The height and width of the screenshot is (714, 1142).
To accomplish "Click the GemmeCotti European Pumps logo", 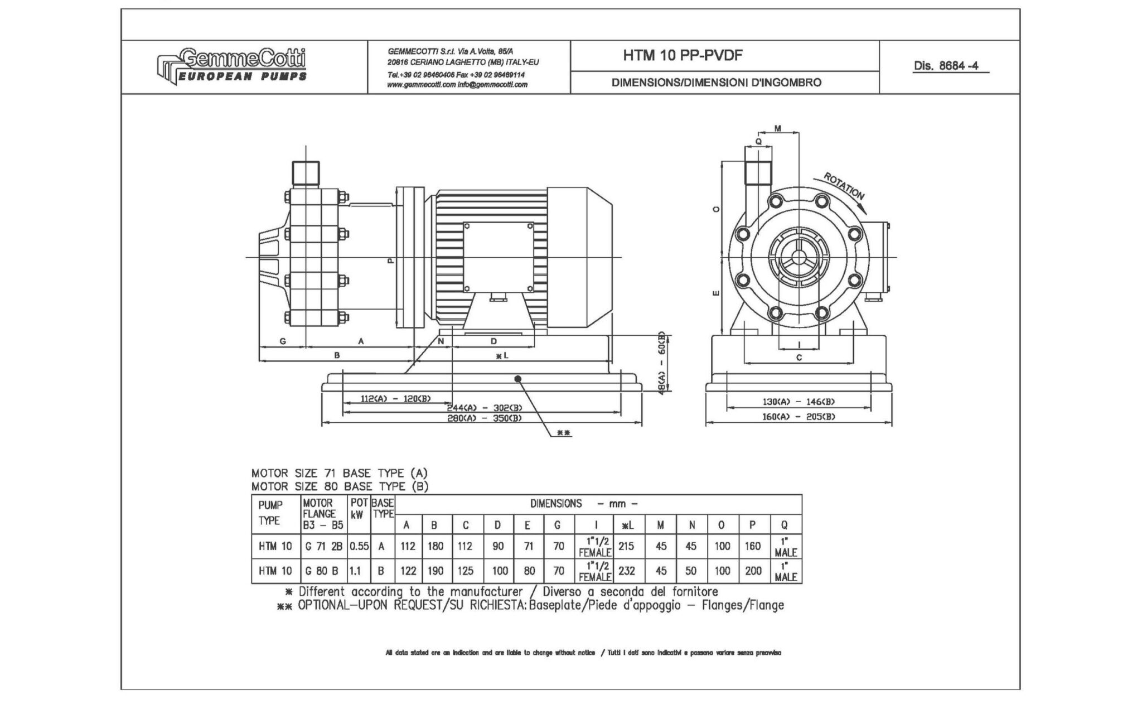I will click(231, 65).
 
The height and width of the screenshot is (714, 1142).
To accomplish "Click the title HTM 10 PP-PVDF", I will click(683, 55).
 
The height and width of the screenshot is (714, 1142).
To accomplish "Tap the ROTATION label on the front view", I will click(844, 187).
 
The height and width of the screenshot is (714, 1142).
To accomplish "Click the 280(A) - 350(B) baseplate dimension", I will click(484, 418).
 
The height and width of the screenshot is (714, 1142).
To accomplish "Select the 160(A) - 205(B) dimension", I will click(799, 417).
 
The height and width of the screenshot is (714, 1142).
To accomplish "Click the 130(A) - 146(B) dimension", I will click(799, 402).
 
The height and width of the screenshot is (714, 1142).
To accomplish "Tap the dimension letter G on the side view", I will click(283, 341).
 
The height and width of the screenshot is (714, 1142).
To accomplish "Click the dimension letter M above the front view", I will click(778, 128).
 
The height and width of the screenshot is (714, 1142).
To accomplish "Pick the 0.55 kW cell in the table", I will click(359, 547).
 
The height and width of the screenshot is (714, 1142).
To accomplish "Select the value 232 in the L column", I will click(626, 571).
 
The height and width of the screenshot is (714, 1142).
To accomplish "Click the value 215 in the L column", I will click(626, 547).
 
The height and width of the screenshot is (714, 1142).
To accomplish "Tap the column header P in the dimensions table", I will click(752, 525).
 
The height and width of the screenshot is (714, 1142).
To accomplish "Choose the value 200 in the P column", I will click(752, 571).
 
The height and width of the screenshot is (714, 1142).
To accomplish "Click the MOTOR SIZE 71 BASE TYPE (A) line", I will click(339, 474).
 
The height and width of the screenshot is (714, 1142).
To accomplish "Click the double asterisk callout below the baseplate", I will click(564, 433).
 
